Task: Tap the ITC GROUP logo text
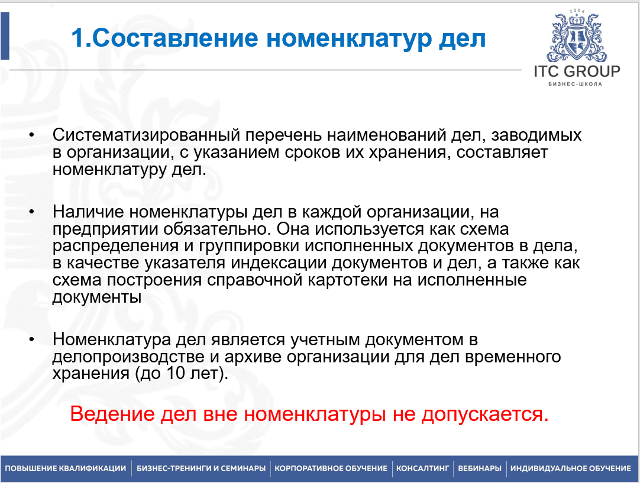(x=577, y=72)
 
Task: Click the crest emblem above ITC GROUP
(x=576, y=37)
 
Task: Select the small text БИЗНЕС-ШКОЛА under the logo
(x=575, y=84)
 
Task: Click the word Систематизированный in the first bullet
(x=146, y=135)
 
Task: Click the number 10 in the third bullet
(x=176, y=373)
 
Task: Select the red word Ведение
(x=112, y=414)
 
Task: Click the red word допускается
(x=485, y=414)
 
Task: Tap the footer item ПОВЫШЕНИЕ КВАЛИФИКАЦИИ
(x=65, y=468)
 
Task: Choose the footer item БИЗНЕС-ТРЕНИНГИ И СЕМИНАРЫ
(x=201, y=468)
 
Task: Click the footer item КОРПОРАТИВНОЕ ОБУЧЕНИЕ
(x=331, y=468)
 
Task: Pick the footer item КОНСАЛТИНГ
(x=422, y=468)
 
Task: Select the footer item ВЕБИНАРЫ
(x=480, y=468)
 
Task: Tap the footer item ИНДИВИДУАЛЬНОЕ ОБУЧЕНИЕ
(x=571, y=468)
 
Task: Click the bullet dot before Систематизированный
(x=32, y=134)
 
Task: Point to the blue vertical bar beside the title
(x=5, y=36)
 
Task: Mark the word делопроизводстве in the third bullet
(x=128, y=357)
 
